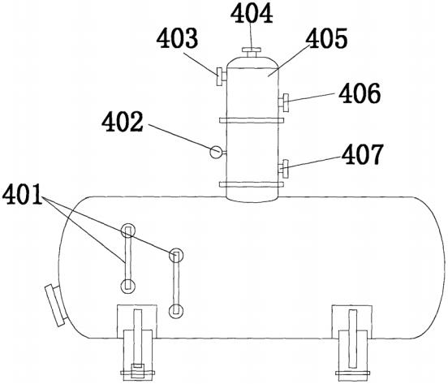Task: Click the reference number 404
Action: (252, 14)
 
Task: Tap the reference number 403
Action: (177, 38)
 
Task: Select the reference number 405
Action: (326, 38)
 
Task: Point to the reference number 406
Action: (360, 93)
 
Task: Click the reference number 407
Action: (362, 154)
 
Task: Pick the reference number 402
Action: (123, 122)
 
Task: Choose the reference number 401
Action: (22, 194)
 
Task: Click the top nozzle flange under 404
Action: (252, 50)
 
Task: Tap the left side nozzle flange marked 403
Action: (219, 76)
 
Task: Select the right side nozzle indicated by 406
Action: (283, 103)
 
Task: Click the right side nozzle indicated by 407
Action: (283, 169)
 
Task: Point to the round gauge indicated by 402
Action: (216, 152)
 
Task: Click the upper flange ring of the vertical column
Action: (252, 121)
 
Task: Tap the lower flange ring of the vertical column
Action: (252, 184)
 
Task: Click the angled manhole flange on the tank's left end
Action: (56, 305)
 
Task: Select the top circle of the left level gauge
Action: (127, 231)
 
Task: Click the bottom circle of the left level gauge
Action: (127, 286)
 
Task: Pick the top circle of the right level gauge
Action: (176, 255)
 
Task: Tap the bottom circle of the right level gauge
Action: (176, 311)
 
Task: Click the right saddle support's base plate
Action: (352, 373)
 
